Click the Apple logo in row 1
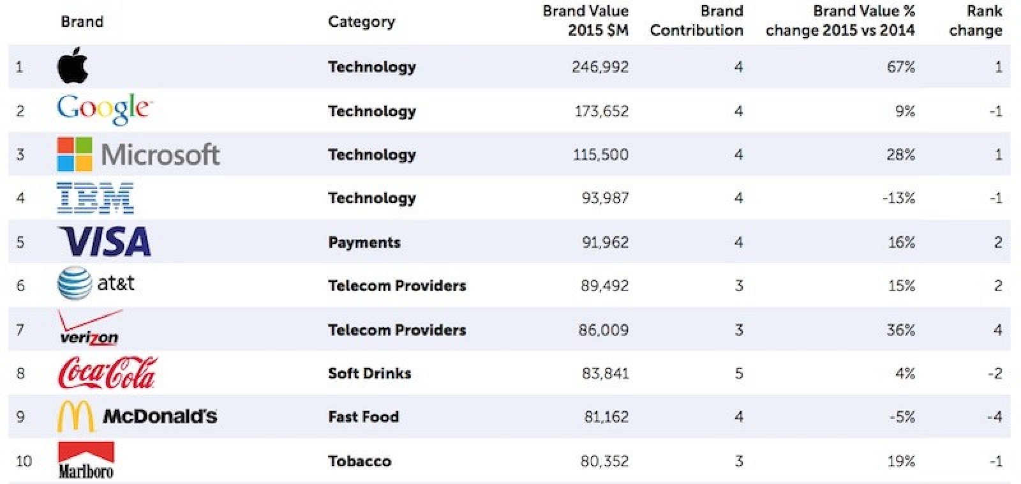pyautogui.click(x=72, y=65)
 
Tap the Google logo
pyautogui.click(x=105, y=109)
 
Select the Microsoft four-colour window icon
pyautogui.click(x=75, y=154)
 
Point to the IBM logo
pyautogui.click(x=95, y=197)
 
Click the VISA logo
pyautogui.click(x=105, y=241)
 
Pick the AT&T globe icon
pyautogui.click(x=74, y=284)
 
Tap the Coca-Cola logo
pyautogui.click(x=107, y=373)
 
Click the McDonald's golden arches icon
pyautogui.click(x=75, y=416)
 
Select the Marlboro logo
pyautogui.click(x=86, y=460)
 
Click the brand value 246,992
pyautogui.click(x=600, y=66)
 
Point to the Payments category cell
pyautogui.click(x=364, y=242)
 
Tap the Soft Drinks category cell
pyautogui.click(x=369, y=373)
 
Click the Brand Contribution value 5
pyautogui.click(x=738, y=373)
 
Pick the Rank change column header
pyautogui.click(x=975, y=20)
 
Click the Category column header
pyautogui.click(x=361, y=22)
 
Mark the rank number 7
pyautogui.click(x=20, y=329)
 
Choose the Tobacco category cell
pyautogui.click(x=359, y=461)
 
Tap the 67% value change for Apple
pyautogui.click(x=900, y=66)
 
